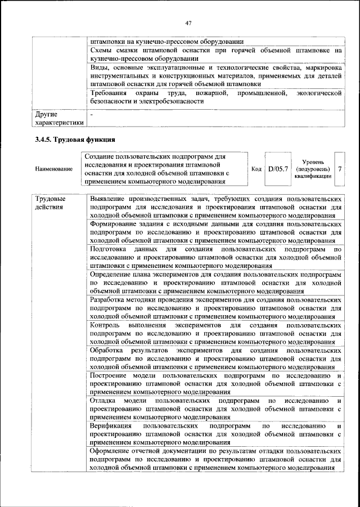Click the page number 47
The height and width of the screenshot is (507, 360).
click(188, 23)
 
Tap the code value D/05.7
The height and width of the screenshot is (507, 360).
click(278, 168)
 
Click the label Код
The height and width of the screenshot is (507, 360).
click(256, 168)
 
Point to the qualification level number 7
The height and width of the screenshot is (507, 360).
click(340, 168)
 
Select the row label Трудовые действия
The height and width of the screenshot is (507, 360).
click(50, 203)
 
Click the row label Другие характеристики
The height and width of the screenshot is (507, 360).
click(58, 118)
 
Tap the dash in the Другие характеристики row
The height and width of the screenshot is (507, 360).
click(92, 114)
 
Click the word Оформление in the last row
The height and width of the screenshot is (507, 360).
click(113, 452)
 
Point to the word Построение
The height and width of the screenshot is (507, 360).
click(111, 375)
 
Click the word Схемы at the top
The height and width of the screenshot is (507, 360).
click(102, 50)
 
